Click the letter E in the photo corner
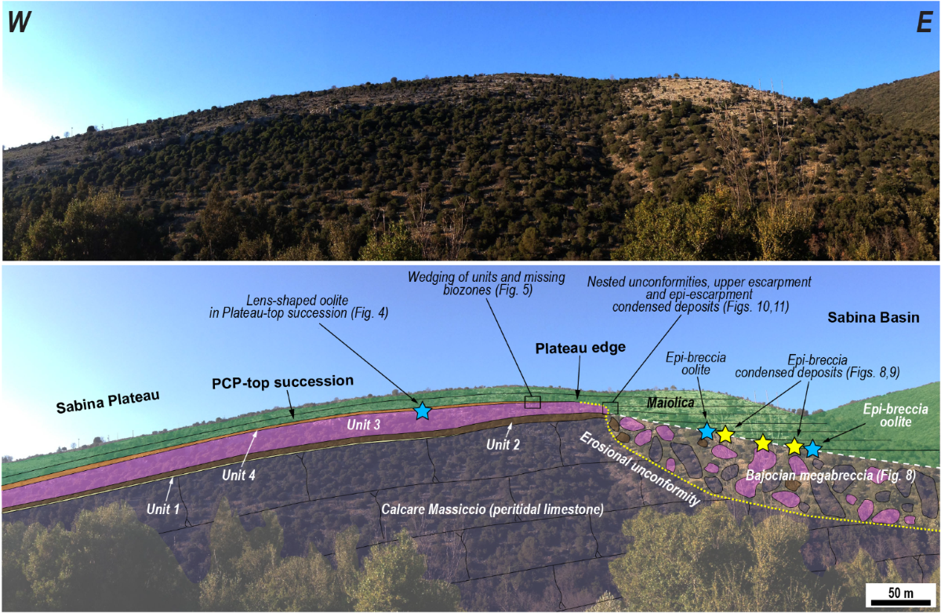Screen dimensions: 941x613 tap(922, 24)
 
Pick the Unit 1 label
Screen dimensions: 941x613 tap(163, 508)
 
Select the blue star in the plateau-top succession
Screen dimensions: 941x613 tap(423, 410)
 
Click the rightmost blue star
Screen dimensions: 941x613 tap(812, 449)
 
